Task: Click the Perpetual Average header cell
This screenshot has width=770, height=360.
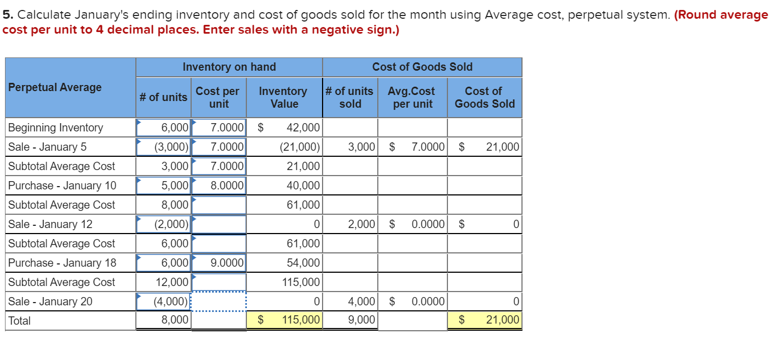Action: [x=55, y=87]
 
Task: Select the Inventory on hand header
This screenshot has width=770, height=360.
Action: [x=229, y=67]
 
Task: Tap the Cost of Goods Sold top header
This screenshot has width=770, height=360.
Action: [x=422, y=67]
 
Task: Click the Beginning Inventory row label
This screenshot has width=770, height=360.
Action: [x=56, y=128]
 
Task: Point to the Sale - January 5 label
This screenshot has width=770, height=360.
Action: [x=48, y=147]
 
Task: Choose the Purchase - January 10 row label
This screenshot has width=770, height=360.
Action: [x=62, y=186]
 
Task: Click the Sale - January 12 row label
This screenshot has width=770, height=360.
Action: [x=50, y=224]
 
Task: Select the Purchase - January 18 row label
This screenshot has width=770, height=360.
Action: [x=62, y=263]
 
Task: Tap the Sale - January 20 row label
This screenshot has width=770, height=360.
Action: [x=50, y=301]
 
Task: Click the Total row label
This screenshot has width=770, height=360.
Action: [x=20, y=321]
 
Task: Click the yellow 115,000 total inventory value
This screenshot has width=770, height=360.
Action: [x=301, y=320]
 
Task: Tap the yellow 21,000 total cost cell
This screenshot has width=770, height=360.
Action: [x=502, y=320]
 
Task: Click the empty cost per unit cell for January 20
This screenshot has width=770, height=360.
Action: [x=219, y=301]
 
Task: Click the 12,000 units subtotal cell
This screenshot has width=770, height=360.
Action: [x=171, y=282]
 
